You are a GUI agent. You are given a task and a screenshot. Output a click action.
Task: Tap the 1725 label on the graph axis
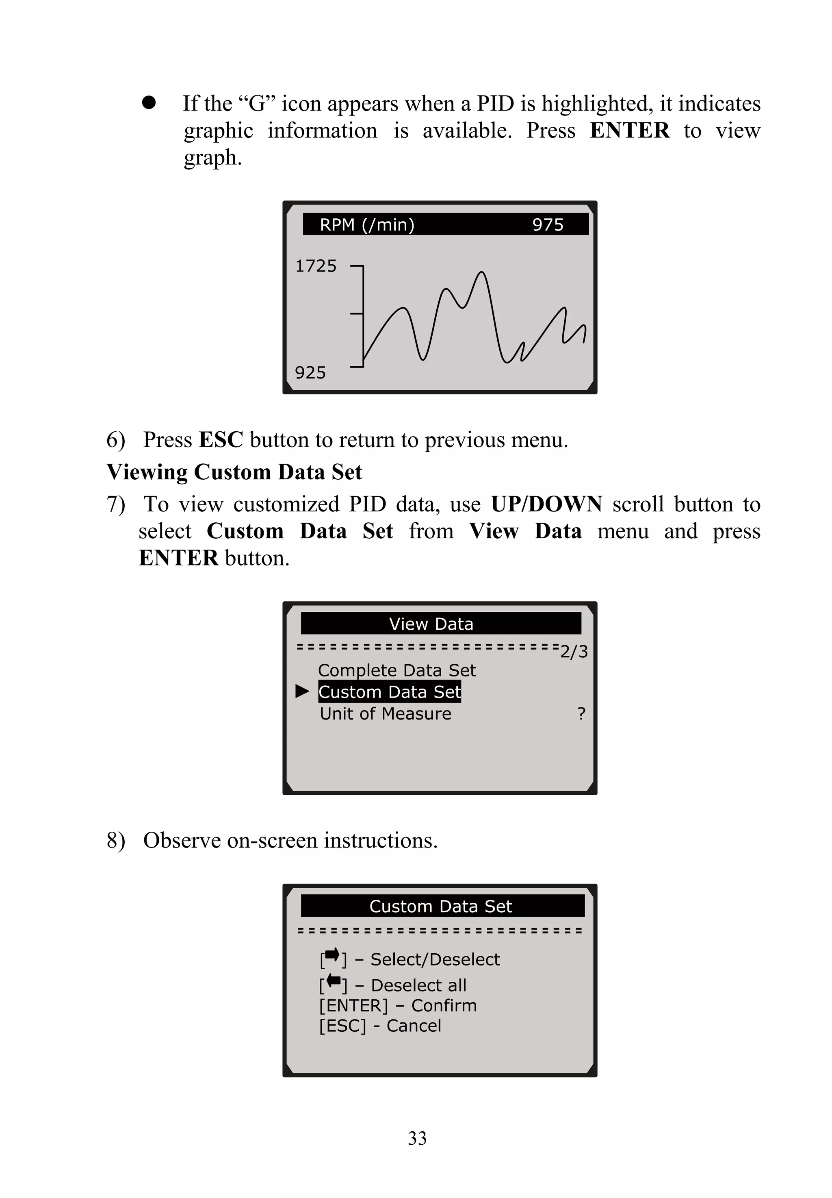tap(316, 266)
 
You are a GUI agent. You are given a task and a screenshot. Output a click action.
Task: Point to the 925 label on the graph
tap(310, 372)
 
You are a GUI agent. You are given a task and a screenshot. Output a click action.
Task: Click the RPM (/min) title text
tap(367, 225)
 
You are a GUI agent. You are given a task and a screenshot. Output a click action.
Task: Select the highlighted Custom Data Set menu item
tap(390, 691)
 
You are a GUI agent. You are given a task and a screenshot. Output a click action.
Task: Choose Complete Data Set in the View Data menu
tap(397, 670)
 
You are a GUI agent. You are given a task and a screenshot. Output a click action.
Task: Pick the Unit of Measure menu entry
tap(385, 713)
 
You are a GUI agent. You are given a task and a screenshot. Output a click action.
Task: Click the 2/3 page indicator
tap(574, 651)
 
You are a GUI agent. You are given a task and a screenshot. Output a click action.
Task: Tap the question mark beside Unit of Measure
tap(581, 713)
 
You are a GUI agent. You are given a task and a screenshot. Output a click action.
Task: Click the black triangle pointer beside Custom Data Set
tap(302, 691)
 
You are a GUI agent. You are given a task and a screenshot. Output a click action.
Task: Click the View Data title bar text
tap(431, 624)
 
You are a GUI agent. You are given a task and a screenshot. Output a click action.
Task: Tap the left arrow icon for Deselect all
tap(333, 982)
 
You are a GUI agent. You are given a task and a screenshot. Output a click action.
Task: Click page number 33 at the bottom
tap(417, 1138)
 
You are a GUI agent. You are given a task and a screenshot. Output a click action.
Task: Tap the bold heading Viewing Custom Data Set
tap(234, 472)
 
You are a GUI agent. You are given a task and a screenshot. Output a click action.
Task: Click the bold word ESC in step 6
tap(221, 440)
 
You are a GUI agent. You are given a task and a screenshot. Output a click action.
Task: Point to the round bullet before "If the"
tap(149, 102)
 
